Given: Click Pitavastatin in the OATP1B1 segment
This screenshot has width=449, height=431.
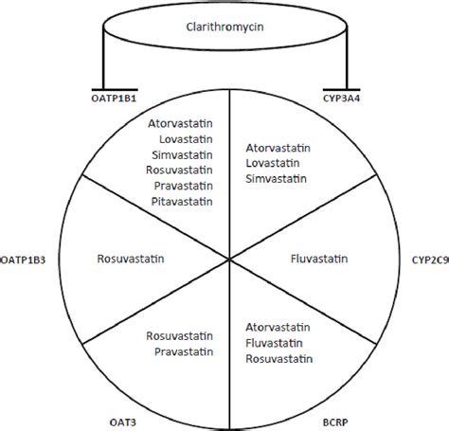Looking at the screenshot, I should pos(180,201).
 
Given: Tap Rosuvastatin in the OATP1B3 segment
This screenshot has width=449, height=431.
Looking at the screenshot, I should pos(130,256).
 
